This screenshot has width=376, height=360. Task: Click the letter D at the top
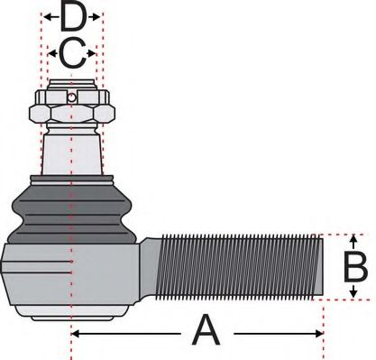point(73,17)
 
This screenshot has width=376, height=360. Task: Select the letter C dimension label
point(72,54)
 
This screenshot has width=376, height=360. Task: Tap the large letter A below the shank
point(206,333)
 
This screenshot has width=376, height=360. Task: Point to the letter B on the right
point(355,267)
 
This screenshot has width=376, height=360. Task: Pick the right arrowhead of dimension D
point(99,17)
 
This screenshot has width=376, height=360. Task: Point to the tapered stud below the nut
point(72,149)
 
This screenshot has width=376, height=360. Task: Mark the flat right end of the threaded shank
point(320,267)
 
